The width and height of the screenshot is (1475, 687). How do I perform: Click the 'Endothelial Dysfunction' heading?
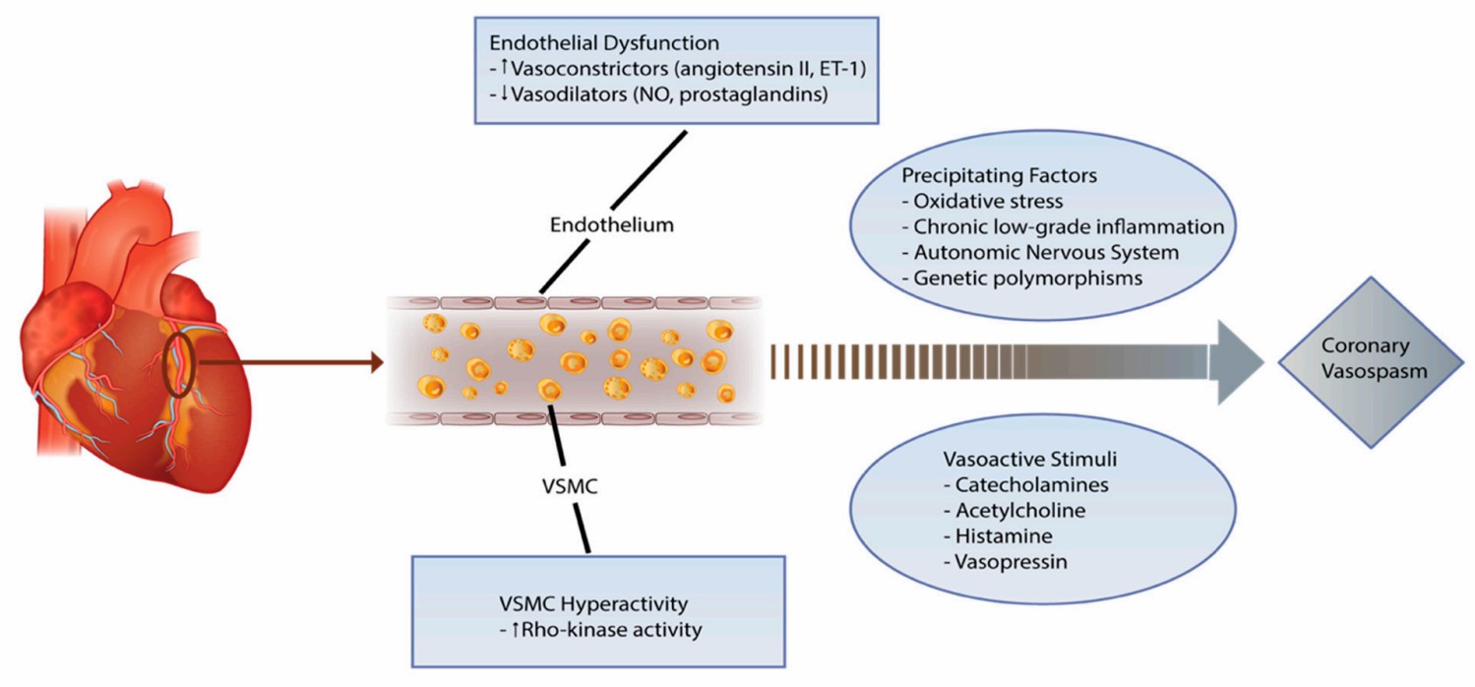(583, 45)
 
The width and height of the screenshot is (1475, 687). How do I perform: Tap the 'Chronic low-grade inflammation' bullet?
(1063, 226)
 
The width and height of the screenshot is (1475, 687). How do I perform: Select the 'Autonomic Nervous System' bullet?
(1045, 252)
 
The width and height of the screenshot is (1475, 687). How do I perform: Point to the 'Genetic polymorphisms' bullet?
(1028, 278)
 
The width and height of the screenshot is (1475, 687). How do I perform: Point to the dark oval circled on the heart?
(178, 365)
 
